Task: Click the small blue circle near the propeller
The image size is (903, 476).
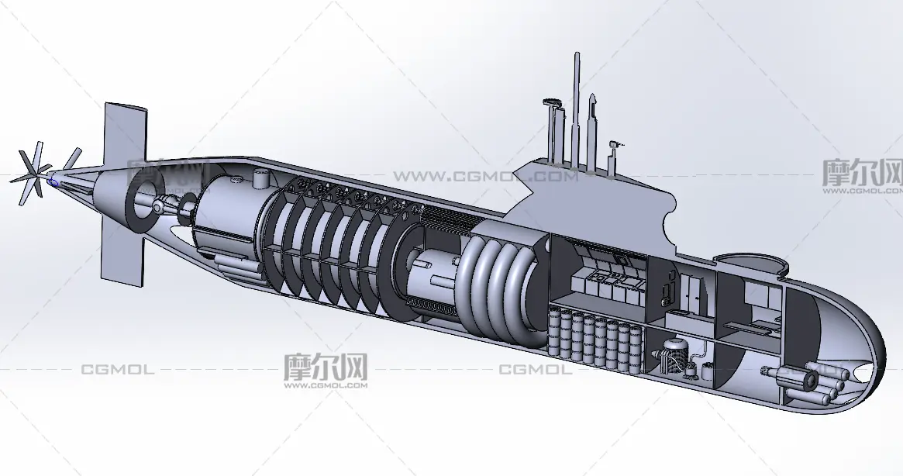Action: tap(53, 182)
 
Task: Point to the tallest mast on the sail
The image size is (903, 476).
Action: tap(576, 109)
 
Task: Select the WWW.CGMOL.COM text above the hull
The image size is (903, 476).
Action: tap(484, 177)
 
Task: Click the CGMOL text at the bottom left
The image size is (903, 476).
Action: tap(117, 370)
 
